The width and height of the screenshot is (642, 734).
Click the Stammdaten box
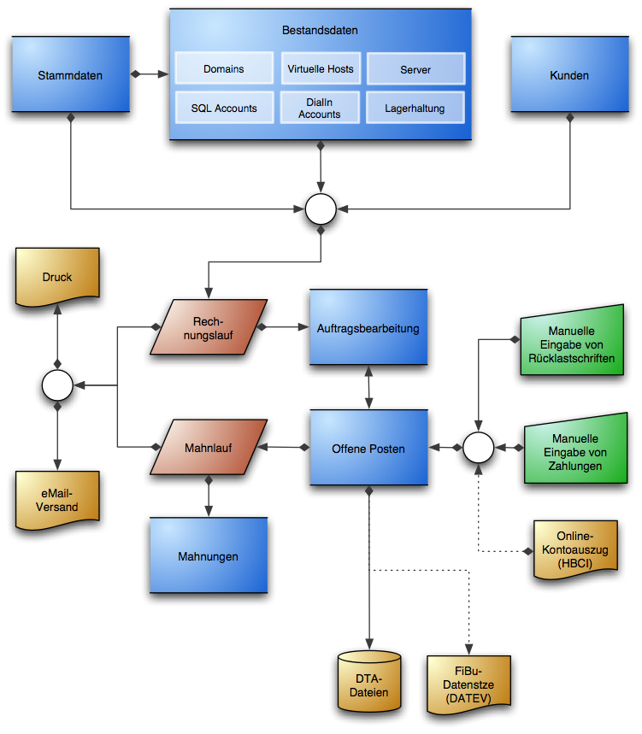[70, 75]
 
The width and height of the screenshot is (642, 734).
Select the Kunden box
[569, 75]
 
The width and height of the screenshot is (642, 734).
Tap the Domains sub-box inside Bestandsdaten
[223, 68]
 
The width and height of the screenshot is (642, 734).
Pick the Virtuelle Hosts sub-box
[321, 68]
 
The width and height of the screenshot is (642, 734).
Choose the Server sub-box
[415, 69]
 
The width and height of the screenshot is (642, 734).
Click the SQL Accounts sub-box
[223, 108]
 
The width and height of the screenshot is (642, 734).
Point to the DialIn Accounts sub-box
[320, 108]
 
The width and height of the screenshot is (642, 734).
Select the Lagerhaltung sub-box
[415, 109]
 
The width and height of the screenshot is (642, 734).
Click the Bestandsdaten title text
[320, 30]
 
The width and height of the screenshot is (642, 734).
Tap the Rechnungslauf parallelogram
[208, 326]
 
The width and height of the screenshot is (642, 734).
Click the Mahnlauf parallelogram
[208, 447]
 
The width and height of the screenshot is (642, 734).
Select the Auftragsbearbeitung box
[368, 327]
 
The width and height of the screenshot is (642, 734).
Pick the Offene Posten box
[368, 449]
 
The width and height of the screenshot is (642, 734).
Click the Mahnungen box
[208, 555]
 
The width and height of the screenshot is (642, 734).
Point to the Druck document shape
[57, 278]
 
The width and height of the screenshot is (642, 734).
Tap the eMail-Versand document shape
[57, 500]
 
